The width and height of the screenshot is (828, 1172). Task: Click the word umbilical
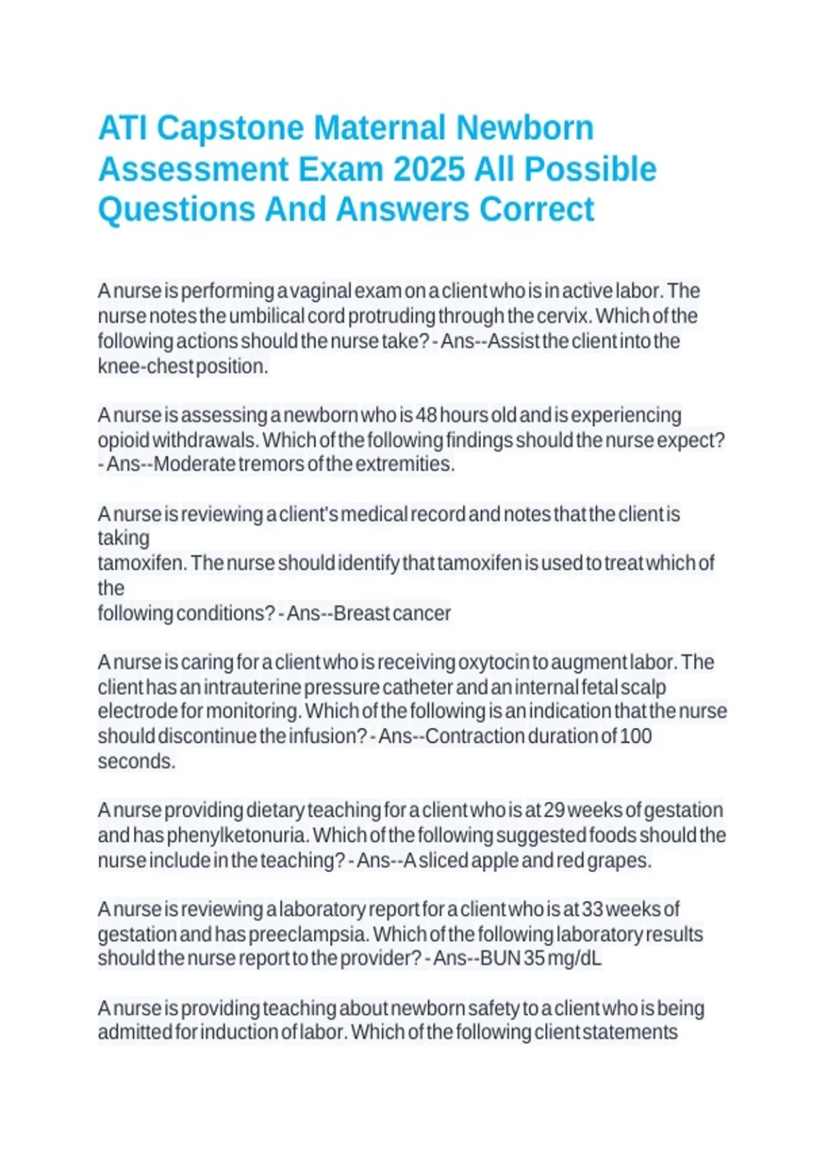tap(266, 316)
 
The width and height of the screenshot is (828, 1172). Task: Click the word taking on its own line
tap(124, 538)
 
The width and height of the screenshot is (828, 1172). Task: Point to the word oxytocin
tap(493, 662)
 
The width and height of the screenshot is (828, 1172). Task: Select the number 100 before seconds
tap(636, 736)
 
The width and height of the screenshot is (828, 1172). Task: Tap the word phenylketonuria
tap(237, 835)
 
